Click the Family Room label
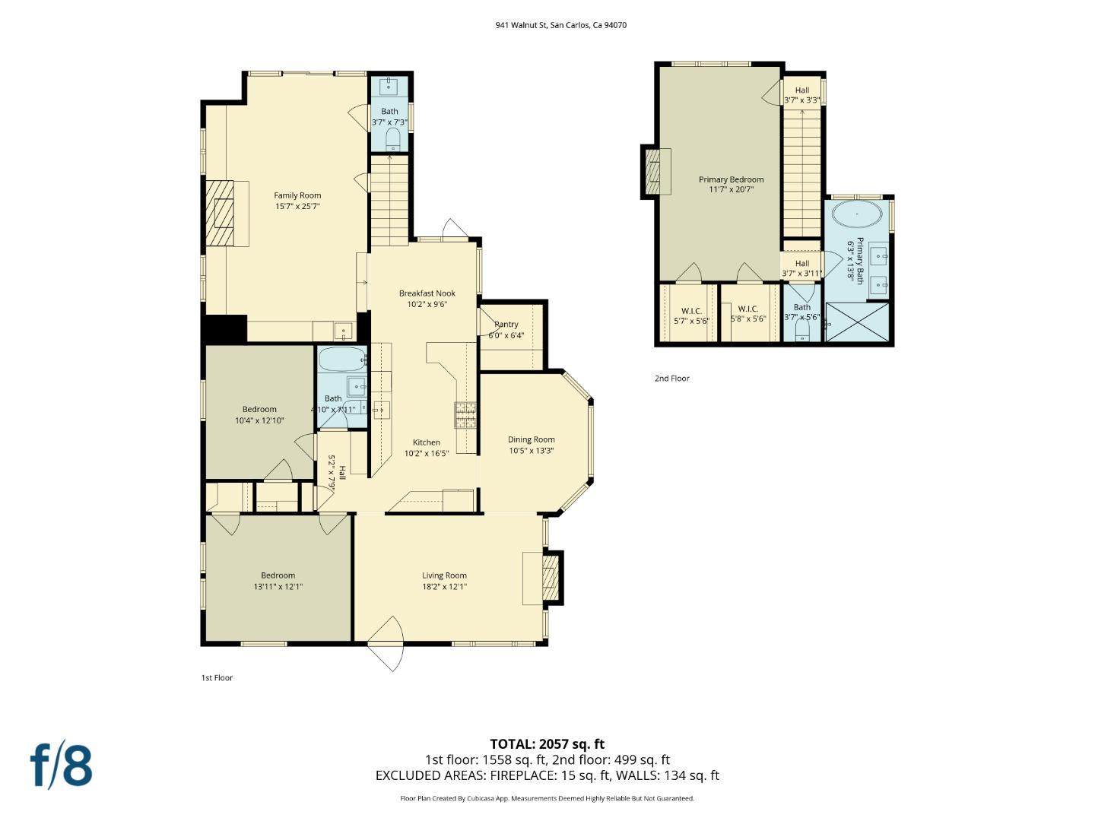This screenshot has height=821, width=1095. (x=297, y=195)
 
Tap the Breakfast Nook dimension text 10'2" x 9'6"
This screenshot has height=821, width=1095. (x=427, y=304)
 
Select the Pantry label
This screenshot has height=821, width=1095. (x=506, y=325)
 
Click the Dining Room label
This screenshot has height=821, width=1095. (x=531, y=439)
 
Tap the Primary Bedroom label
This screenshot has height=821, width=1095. (x=731, y=179)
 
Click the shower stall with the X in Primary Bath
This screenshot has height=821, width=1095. (x=857, y=322)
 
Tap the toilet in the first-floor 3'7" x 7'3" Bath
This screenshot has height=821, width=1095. (x=392, y=138)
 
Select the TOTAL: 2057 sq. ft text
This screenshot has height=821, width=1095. (x=547, y=744)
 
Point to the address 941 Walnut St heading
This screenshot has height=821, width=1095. (x=560, y=25)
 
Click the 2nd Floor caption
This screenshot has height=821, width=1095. (x=671, y=379)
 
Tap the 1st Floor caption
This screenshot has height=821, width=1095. (x=217, y=678)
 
